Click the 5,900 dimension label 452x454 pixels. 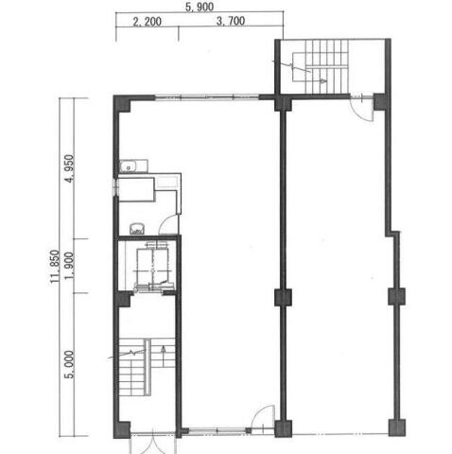pos(200,7)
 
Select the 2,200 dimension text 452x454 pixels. pos(147,22)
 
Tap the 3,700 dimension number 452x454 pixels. pos(231,21)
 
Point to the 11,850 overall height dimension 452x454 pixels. pos(55,267)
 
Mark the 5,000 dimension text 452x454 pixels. pos(69,364)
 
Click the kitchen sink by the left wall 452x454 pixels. pos(133,166)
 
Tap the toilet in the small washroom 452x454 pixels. pos(137,229)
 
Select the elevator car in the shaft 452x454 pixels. pos(152,264)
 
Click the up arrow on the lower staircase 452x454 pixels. pos(164,356)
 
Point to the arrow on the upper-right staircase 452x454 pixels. pos(322,81)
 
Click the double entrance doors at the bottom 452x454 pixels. pos(152,443)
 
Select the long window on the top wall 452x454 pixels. pos(207,97)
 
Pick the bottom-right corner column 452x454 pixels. pos(397,428)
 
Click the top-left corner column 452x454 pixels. pos(122,103)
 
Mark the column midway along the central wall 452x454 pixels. pos(283,298)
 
